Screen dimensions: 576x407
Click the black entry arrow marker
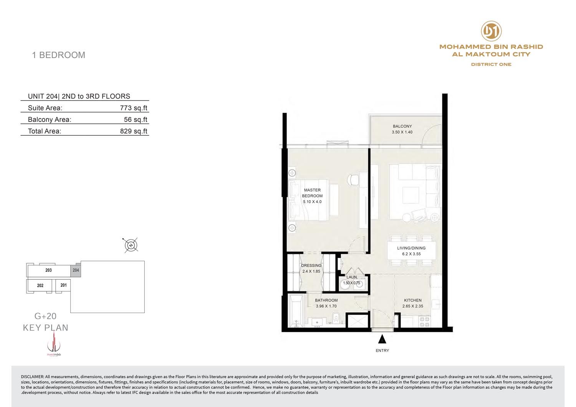(382, 339)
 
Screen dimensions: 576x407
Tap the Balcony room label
(402, 126)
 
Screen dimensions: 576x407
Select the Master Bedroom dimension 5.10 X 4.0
(312, 202)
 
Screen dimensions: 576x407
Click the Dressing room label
(311, 265)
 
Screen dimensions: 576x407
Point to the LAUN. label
(352, 277)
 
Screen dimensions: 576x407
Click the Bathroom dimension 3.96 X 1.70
(326, 306)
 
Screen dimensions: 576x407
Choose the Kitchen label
(412, 300)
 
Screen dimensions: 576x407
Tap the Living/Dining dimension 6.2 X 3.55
(411, 254)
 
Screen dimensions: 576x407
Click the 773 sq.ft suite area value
(134, 108)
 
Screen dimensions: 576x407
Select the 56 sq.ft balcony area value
(136, 119)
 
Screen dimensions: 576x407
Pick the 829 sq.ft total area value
(134, 131)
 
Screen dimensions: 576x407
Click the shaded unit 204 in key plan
(76, 270)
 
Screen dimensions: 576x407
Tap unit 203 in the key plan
(49, 270)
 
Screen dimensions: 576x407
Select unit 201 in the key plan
(63, 285)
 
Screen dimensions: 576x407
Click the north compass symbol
(131, 245)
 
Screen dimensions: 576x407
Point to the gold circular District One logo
(491, 31)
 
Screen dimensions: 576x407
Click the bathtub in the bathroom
(296, 311)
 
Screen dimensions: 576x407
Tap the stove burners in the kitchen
(425, 322)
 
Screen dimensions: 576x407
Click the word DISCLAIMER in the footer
(32, 377)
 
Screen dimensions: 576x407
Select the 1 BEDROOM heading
(58, 55)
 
